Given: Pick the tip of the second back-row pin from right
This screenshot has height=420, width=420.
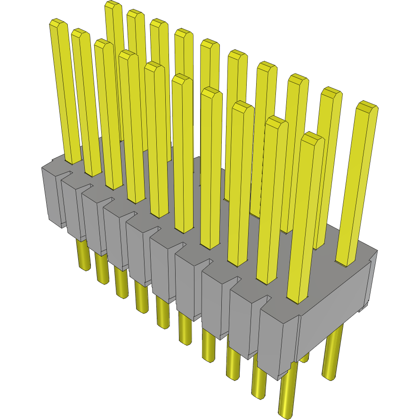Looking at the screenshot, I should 331,92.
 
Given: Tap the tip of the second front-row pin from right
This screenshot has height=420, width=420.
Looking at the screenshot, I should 276,121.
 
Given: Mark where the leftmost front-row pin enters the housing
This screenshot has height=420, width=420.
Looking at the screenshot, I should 72,160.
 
